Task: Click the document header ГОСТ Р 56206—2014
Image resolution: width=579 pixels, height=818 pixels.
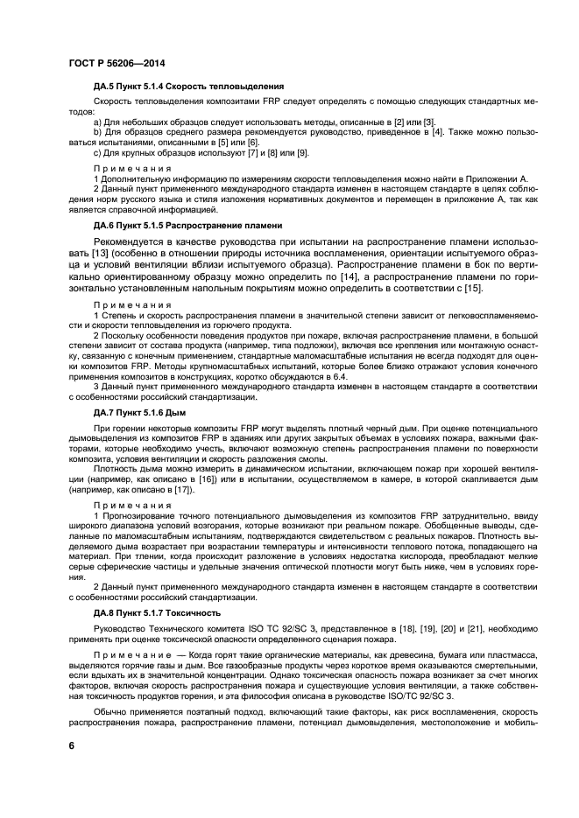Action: [116, 64]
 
